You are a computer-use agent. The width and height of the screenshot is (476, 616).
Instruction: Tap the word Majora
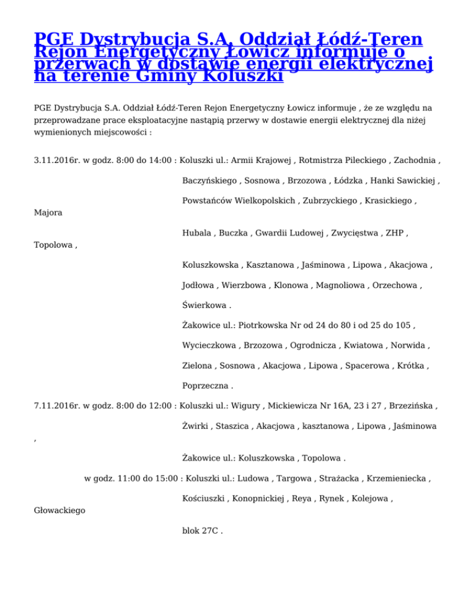48,213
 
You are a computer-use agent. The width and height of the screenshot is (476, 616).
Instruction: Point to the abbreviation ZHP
395,233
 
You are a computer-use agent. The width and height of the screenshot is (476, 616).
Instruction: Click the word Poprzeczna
205,387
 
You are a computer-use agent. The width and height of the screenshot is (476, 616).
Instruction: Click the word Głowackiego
59,511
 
